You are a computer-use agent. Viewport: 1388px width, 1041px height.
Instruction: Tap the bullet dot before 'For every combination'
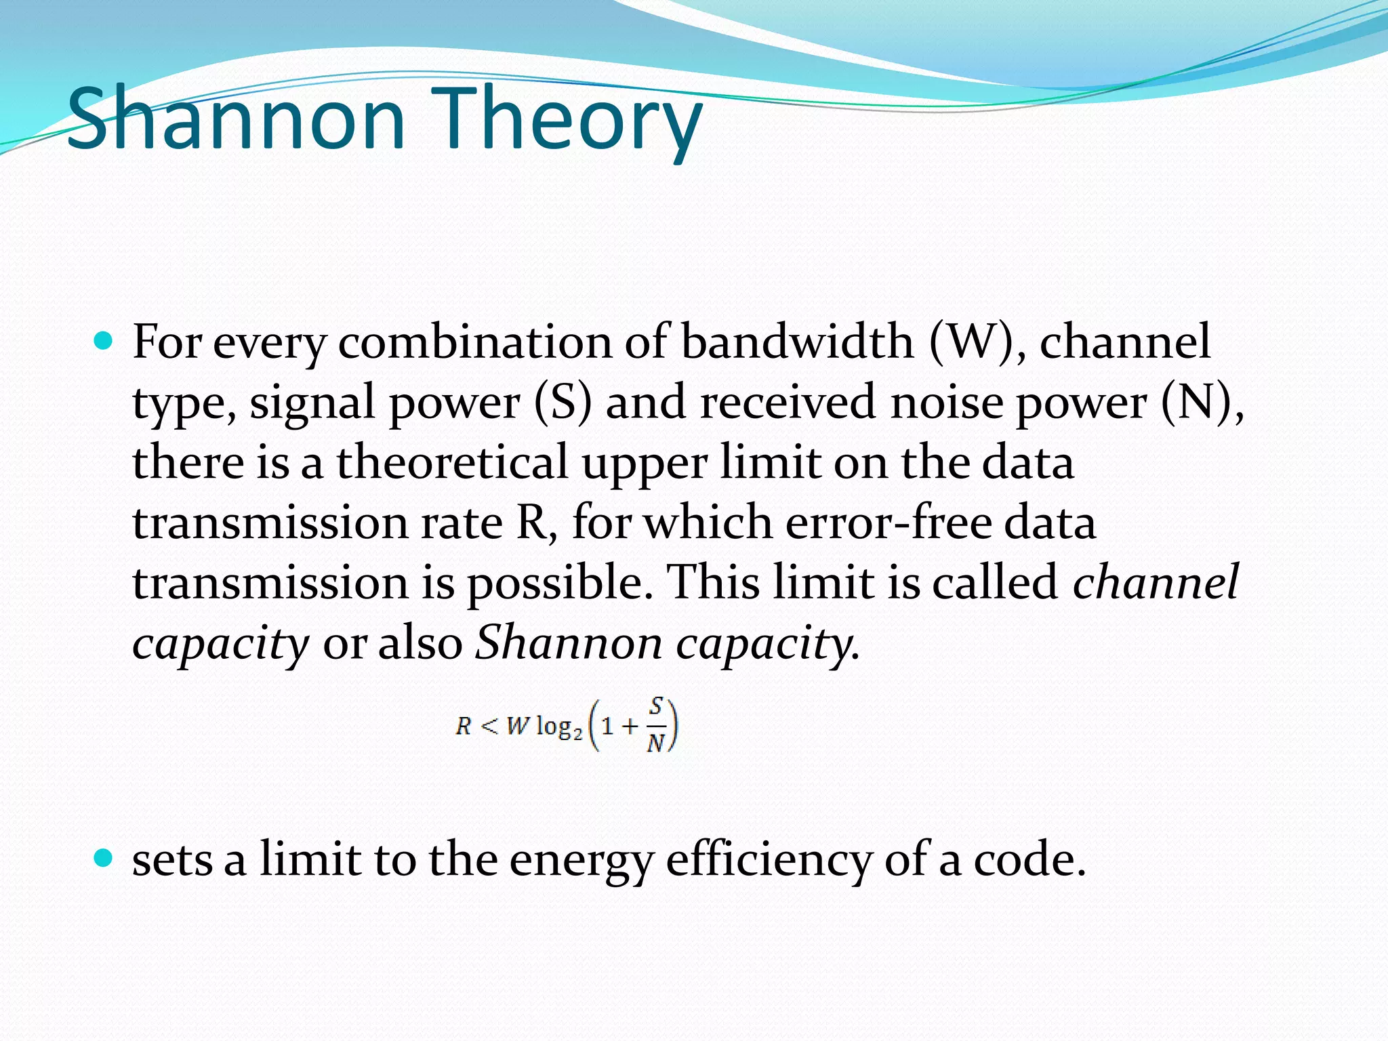(x=103, y=341)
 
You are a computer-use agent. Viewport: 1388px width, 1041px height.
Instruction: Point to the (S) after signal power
(x=563, y=403)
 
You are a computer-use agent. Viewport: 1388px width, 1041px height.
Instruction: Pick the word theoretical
(x=452, y=462)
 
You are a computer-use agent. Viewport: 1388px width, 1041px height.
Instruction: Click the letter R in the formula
(x=464, y=727)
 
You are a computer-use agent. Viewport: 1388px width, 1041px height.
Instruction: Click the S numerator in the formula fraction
(x=655, y=707)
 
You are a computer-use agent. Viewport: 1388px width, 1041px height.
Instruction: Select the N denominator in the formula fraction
(x=655, y=744)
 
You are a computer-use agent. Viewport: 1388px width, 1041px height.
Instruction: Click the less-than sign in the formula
(x=489, y=727)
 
